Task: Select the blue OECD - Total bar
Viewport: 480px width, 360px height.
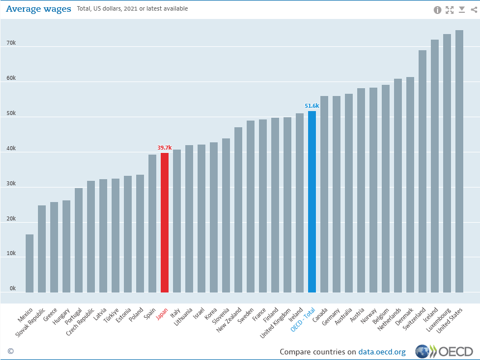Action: coord(312,201)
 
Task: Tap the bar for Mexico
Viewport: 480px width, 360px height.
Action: coord(30,263)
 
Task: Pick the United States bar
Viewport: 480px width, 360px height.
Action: coord(459,161)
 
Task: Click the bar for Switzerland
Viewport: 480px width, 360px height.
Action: coord(423,171)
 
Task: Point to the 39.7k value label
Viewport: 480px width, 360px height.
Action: coord(164,148)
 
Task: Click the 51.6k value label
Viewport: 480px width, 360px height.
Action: coord(312,105)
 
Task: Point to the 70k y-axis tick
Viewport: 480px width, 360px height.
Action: coord(11,43)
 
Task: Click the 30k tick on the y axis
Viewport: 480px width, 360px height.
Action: coord(11,184)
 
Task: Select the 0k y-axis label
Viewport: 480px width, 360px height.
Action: coord(12,289)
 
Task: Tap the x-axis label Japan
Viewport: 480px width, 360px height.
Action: coord(161,314)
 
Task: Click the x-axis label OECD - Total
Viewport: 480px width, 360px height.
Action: coord(303,320)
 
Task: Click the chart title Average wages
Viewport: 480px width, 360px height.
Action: coord(39,9)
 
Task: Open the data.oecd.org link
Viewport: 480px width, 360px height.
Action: coord(382,352)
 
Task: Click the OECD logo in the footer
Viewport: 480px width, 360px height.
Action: coord(444,352)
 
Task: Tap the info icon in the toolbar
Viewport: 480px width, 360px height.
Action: coord(437,9)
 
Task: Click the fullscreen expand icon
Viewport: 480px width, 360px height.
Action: coord(449,9)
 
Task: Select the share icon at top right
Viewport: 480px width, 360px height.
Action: coord(474,9)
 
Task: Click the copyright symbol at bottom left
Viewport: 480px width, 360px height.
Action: coord(10,351)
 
